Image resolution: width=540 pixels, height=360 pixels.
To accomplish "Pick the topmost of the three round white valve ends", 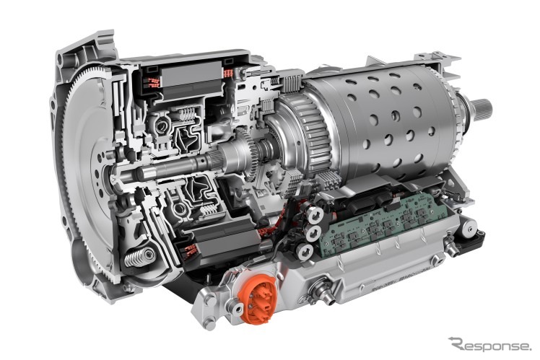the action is [x=315, y=216].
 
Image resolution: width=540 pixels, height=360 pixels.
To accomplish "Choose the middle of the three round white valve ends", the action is [x=313, y=234].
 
